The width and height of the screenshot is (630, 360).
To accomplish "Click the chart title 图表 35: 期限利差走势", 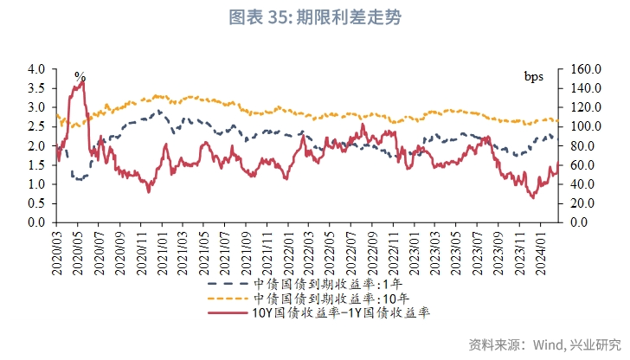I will click(x=315, y=16).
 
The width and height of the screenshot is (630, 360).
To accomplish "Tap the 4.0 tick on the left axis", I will click(x=35, y=69).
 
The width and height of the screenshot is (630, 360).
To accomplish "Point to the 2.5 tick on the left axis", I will click(x=35, y=126).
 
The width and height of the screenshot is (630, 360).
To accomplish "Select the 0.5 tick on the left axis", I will click(x=35, y=203).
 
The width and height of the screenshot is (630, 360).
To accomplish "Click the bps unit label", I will click(x=534, y=76).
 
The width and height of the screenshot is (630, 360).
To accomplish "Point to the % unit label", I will click(x=80, y=77).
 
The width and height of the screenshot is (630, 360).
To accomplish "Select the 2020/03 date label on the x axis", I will click(x=58, y=252).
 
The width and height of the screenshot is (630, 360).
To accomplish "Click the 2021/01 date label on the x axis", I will click(x=163, y=252).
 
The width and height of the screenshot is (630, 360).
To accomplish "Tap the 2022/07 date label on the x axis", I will click(x=353, y=252).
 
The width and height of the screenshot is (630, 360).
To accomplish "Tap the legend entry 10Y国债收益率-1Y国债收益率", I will click(x=340, y=312).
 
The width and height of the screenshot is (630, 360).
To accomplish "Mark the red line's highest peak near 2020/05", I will click(x=83, y=81).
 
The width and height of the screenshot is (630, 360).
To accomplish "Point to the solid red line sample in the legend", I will click(x=227, y=312).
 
